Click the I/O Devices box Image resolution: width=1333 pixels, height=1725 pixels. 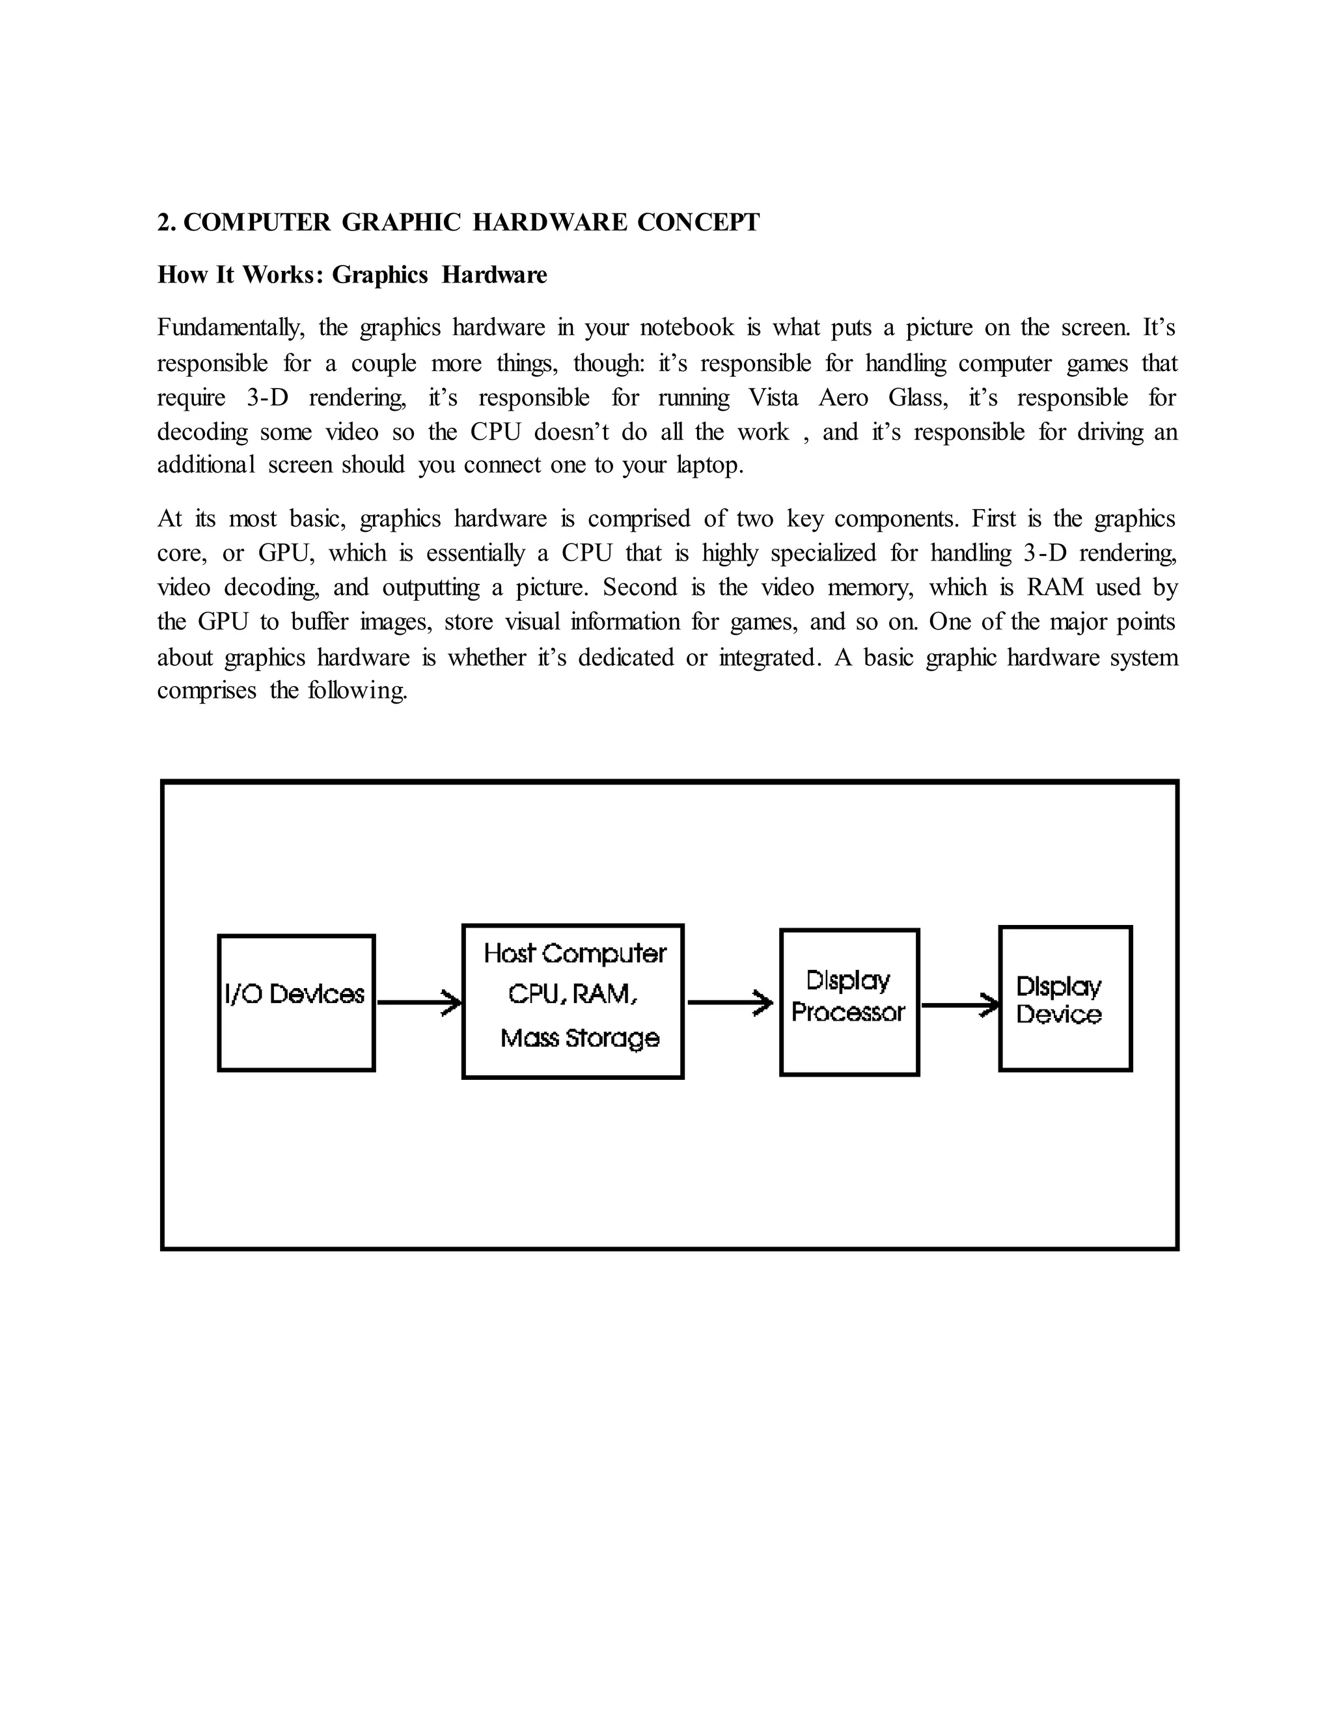pos(296,1002)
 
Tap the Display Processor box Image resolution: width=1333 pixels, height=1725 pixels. pos(849,1002)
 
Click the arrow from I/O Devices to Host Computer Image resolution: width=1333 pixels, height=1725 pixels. pos(419,1002)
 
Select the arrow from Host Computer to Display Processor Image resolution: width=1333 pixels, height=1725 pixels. pos(730,1002)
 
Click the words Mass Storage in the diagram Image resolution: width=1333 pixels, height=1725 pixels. pos(580,1038)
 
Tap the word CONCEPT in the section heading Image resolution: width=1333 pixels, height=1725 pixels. pos(698,223)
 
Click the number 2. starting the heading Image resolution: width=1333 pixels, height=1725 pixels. pos(167,223)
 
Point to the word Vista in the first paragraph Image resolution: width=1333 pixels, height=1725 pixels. pos(773,397)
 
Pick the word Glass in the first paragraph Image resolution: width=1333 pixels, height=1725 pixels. pos(918,397)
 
